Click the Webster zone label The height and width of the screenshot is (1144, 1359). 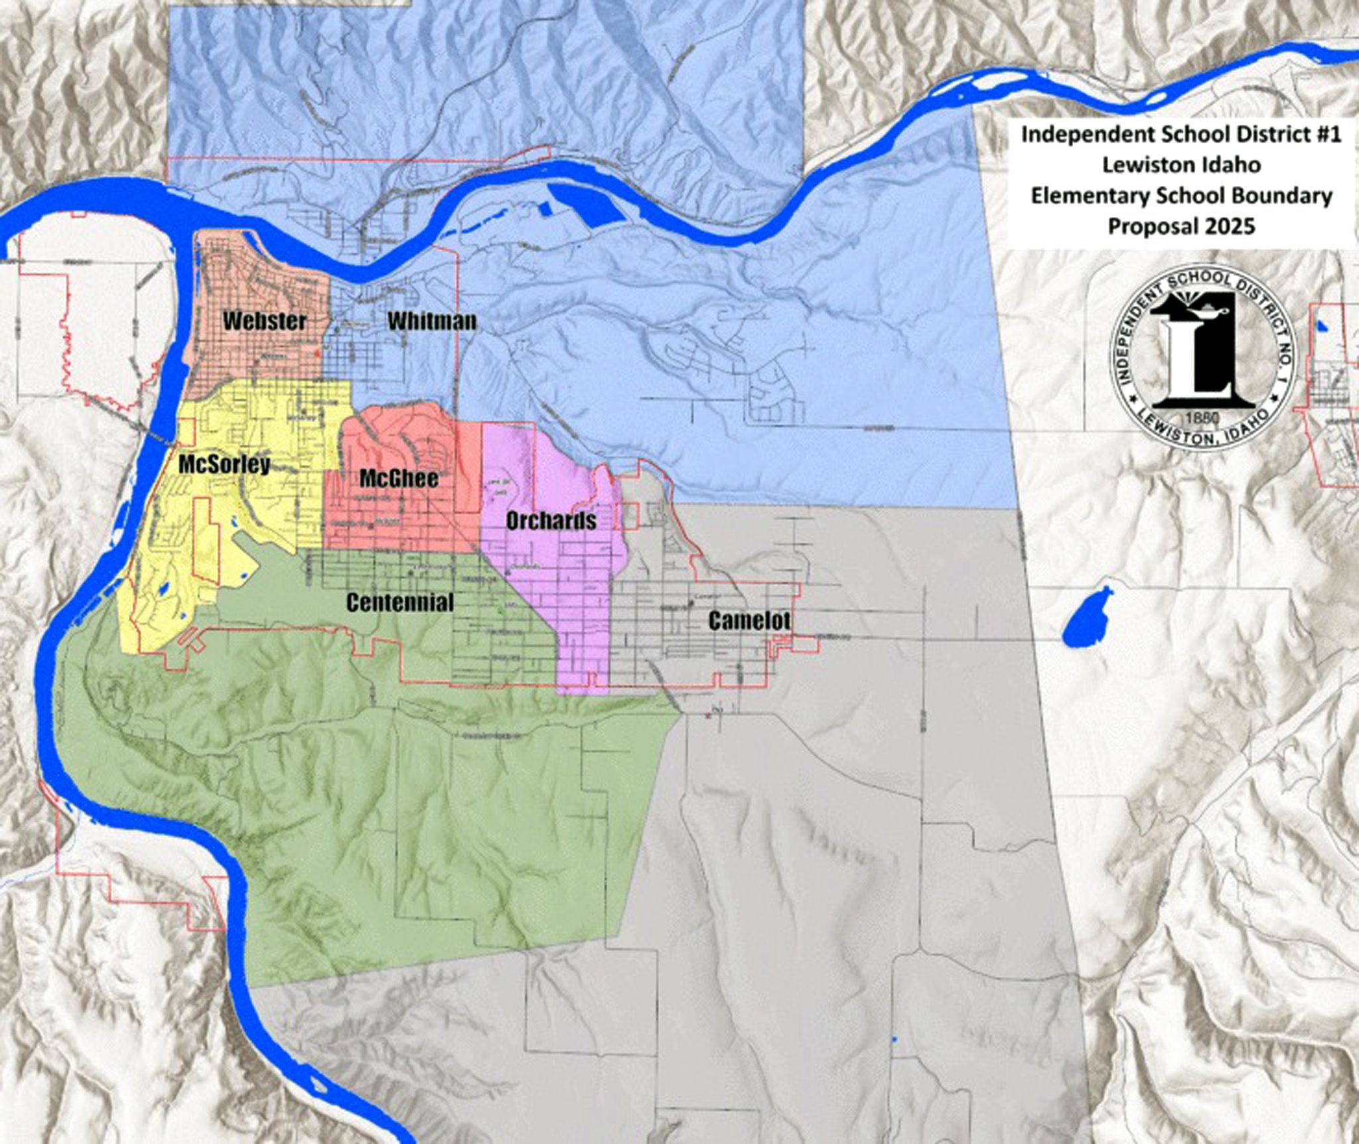[x=265, y=321]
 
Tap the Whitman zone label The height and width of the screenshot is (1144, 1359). [x=432, y=321]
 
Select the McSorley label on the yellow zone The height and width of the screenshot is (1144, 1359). [x=224, y=465]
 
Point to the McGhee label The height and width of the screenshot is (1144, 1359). [x=399, y=478]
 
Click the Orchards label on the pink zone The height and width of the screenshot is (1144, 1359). [x=551, y=521]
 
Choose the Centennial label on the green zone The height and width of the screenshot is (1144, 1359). [x=400, y=603]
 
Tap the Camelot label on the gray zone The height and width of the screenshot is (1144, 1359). [x=749, y=620]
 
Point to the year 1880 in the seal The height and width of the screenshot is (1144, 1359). [x=1202, y=418]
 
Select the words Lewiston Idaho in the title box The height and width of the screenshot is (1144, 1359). [x=1181, y=165]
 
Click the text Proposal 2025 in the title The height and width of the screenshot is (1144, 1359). [x=1181, y=226]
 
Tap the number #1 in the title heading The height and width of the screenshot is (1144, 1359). [x=1326, y=134]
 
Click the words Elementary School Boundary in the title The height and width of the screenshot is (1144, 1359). [x=1181, y=196]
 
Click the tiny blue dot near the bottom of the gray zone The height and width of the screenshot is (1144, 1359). [x=894, y=1038]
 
